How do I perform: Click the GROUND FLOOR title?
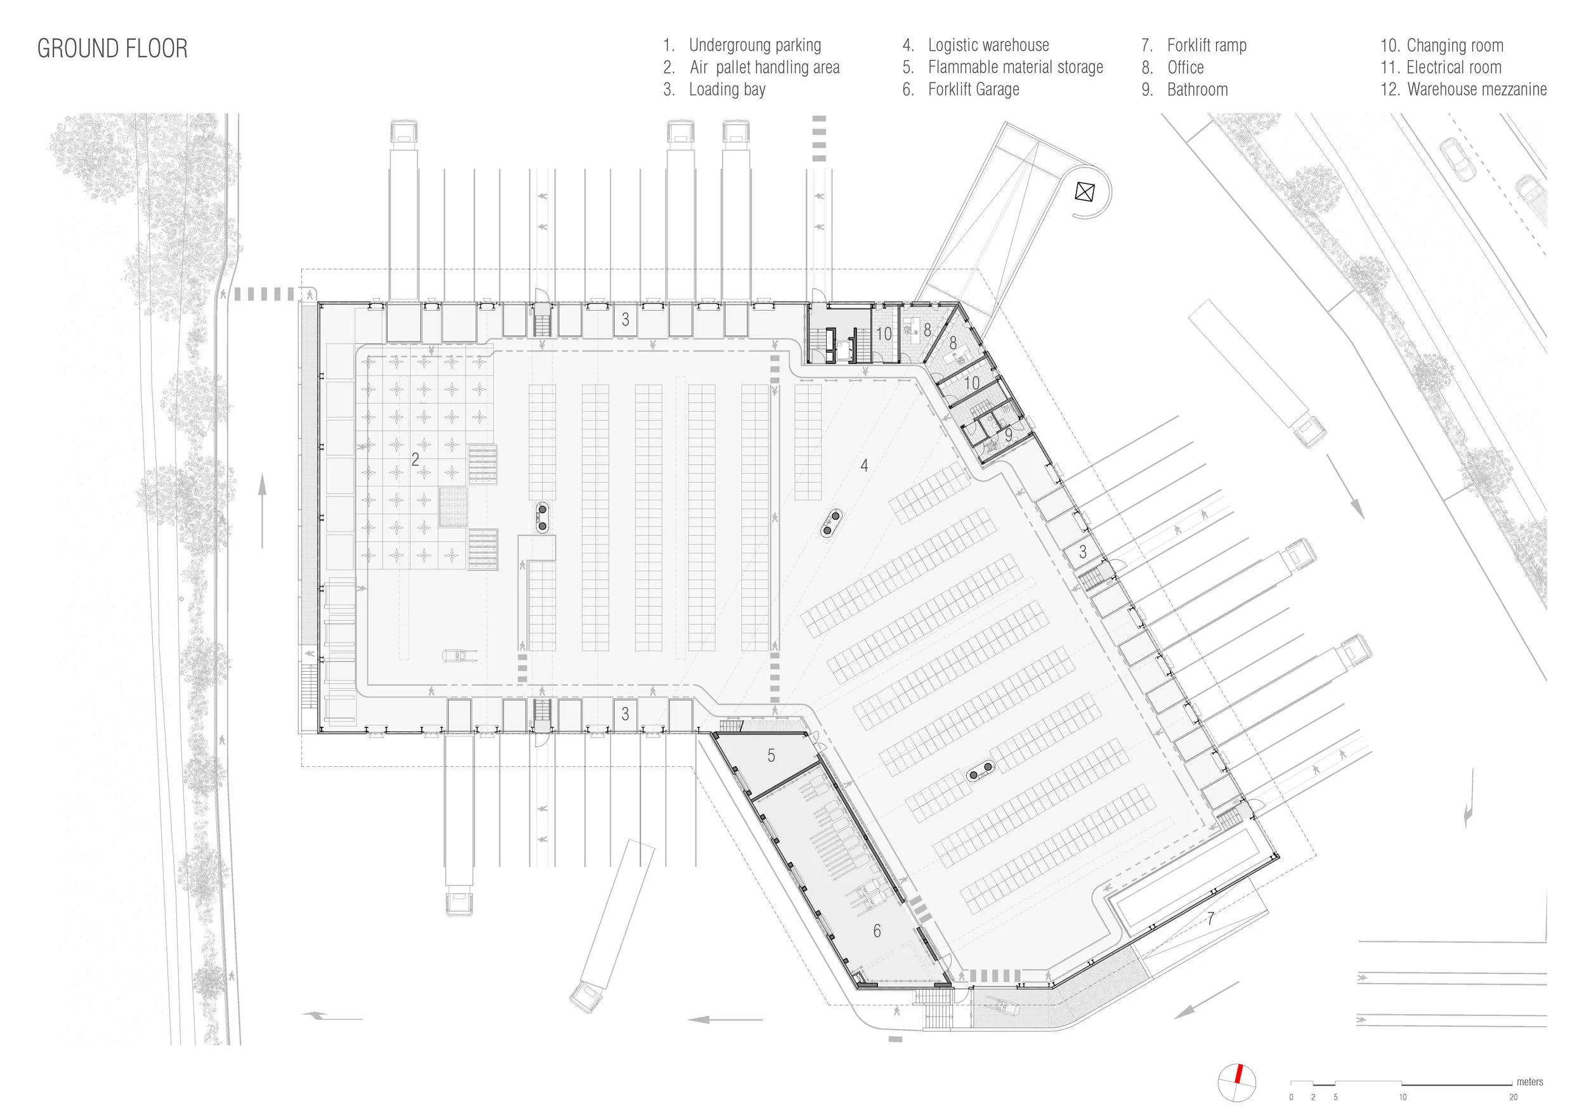(x=112, y=48)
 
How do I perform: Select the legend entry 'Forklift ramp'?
(x=1206, y=46)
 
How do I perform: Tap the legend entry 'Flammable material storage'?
(x=1015, y=68)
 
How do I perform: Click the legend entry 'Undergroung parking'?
(x=754, y=46)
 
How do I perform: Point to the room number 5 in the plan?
(x=771, y=756)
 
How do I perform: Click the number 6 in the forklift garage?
(x=877, y=932)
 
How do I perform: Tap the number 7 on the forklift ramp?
(x=1210, y=919)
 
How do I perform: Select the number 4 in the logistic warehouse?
(x=864, y=466)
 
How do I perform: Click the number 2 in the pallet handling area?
(x=415, y=459)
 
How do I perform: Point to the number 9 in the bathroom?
(x=1009, y=436)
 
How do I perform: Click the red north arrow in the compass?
(x=1238, y=1074)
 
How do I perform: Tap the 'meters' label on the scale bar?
(x=1530, y=1082)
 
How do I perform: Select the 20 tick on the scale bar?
(x=1513, y=1097)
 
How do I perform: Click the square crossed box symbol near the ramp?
(x=1085, y=192)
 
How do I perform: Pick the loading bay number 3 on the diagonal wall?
(x=1082, y=552)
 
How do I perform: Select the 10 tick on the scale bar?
(x=1402, y=1097)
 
